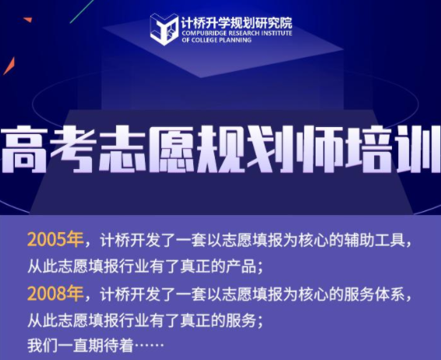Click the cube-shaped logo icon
click(164, 30)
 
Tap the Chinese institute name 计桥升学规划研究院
click(237, 23)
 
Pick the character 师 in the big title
click(316, 149)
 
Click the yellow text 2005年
click(55, 240)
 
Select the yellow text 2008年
click(55, 293)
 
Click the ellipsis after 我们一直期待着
click(149, 345)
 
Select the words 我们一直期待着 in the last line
click(80, 345)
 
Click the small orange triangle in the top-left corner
click(28, 19)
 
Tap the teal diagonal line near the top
click(82, 12)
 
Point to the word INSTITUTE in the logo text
click(277, 34)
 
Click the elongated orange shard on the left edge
click(9, 66)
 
